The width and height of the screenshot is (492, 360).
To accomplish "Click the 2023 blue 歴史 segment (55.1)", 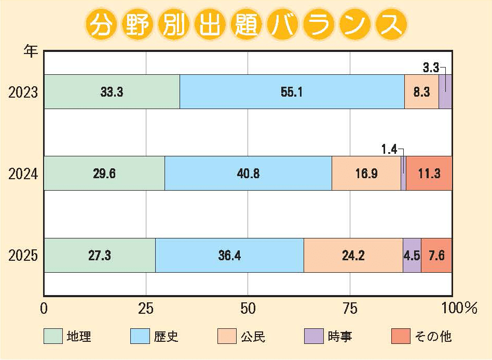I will point(292,92).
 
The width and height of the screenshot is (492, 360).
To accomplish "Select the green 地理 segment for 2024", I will point(104,174).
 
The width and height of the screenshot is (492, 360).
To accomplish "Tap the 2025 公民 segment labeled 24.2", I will point(353,255).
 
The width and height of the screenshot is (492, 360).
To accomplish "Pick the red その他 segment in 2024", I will point(429,174).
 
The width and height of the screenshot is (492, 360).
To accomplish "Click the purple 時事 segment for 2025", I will point(412,255).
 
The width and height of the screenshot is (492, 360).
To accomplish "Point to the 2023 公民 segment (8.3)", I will point(421,92).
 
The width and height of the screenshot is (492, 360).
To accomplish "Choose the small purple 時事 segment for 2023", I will point(445,92).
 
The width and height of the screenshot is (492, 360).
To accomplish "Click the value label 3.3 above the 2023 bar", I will point(431,67).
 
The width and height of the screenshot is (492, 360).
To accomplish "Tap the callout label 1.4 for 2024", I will point(389,150).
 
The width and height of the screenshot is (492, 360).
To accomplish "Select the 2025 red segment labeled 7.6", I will point(436,255).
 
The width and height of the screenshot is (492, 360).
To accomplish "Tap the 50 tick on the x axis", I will point(249,309).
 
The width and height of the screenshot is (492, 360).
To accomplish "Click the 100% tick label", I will point(459,309).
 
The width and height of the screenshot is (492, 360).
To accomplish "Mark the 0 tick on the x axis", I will point(44,309).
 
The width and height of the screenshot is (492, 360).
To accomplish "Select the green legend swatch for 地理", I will point(53,337).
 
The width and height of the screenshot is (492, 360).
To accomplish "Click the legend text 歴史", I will point(166,337).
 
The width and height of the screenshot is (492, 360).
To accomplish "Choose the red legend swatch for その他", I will point(401,337).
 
